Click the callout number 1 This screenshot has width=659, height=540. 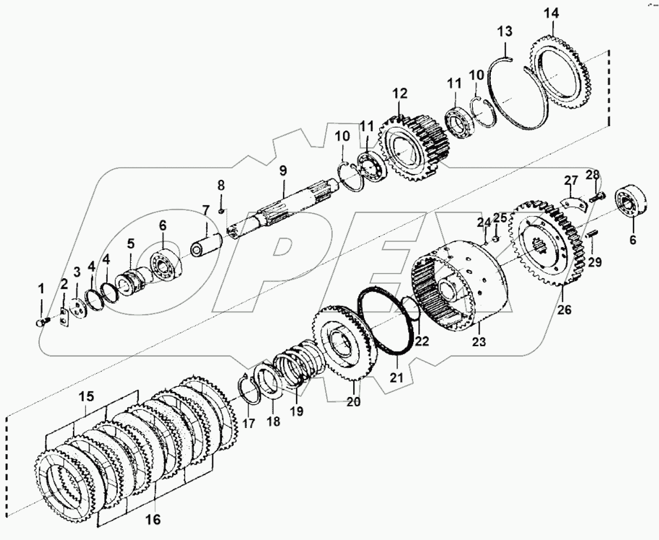(x=40, y=289)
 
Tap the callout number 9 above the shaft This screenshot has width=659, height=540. (x=283, y=169)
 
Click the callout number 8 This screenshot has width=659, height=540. (x=220, y=185)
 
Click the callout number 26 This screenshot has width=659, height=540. (x=564, y=310)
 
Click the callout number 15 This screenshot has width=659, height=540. (x=87, y=398)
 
